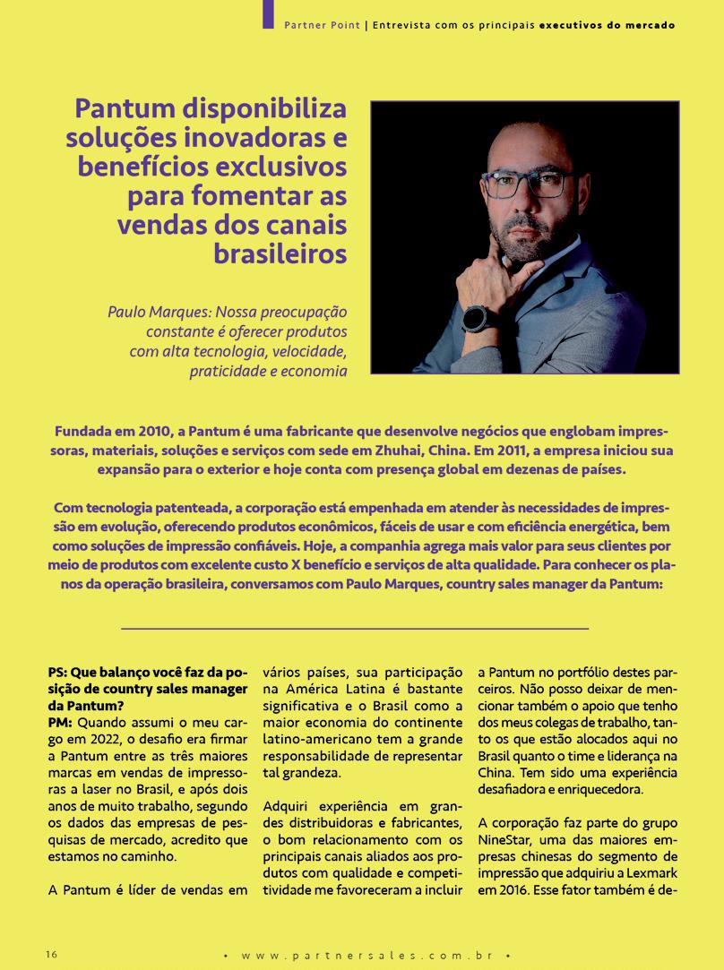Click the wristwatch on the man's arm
(x=476, y=319)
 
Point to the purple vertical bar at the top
(x=267, y=13)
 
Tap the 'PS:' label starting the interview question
(x=59, y=672)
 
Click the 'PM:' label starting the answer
(x=60, y=721)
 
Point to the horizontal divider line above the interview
(x=354, y=629)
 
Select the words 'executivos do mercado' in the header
(x=608, y=25)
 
